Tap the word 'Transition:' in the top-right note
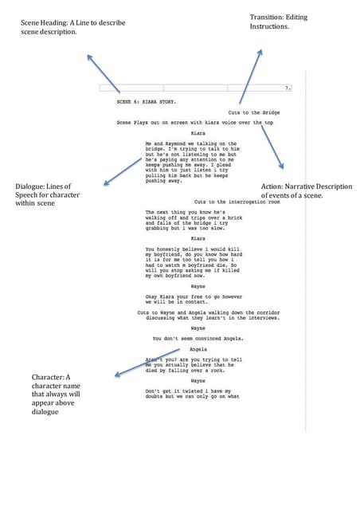tap(271, 17)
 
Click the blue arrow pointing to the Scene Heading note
tap(103, 73)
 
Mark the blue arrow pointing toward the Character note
tap(147, 360)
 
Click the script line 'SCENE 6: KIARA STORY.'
tap(147, 103)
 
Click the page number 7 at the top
tap(286, 88)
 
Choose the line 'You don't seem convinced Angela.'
tap(198, 339)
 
